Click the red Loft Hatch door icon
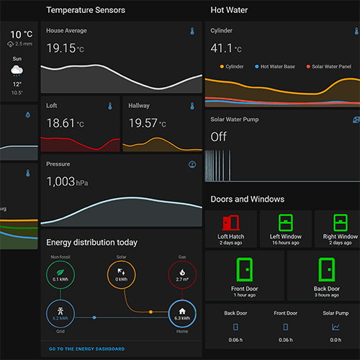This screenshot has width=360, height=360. (232, 222)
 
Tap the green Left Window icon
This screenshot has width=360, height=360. (285, 222)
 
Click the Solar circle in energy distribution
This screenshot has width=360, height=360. (122, 274)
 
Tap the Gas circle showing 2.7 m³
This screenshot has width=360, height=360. (182, 274)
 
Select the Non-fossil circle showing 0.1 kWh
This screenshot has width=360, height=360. (60, 274)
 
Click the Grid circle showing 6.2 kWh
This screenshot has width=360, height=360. (60, 313)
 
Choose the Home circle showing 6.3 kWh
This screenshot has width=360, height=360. (182, 313)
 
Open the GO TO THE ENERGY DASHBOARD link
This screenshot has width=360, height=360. (86, 349)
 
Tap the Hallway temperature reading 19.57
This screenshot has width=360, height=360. (143, 124)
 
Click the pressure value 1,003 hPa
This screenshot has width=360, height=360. (66, 182)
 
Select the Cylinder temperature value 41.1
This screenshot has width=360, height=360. (222, 48)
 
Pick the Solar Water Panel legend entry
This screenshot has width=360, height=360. (330, 66)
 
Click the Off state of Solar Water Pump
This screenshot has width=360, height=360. (218, 136)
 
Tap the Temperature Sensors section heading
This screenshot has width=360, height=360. (86, 10)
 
